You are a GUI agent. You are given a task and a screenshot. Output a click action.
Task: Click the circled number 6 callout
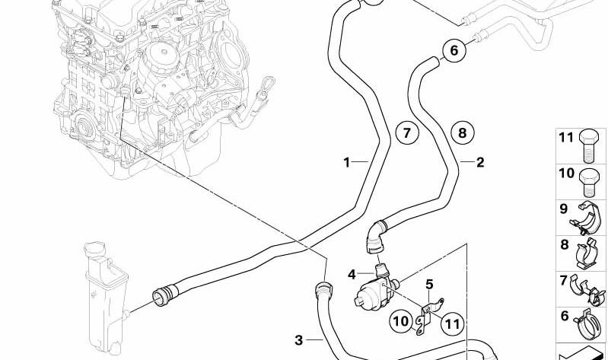click(x=454, y=50)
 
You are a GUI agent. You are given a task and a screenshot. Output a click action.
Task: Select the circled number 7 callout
click(x=407, y=133)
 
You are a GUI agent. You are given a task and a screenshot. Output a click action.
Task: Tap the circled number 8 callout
click(x=462, y=133)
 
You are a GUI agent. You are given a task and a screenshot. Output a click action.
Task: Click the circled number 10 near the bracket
click(x=401, y=321)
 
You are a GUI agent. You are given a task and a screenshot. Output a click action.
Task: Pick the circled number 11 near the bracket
click(x=452, y=324)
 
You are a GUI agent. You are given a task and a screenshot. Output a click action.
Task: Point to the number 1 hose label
click(x=347, y=162)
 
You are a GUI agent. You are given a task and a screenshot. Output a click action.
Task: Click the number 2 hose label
click(x=480, y=162)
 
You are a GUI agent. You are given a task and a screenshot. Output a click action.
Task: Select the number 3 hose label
click(x=298, y=340)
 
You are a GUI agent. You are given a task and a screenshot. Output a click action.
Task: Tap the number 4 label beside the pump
click(x=352, y=275)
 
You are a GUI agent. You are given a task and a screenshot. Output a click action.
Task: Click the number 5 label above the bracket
click(x=429, y=285)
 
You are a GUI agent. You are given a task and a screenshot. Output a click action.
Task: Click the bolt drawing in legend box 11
click(x=589, y=146)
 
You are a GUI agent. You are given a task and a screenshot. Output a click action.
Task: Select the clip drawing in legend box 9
click(x=586, y=218)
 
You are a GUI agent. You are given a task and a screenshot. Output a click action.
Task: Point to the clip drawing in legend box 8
click(x=587, y=253)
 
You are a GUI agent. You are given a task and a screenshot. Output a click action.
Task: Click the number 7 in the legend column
click(x=564, y=280)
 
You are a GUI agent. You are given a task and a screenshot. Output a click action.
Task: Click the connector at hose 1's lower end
click(x=164, y=295)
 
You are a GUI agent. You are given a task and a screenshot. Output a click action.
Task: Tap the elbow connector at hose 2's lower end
click(x=374, y=236)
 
